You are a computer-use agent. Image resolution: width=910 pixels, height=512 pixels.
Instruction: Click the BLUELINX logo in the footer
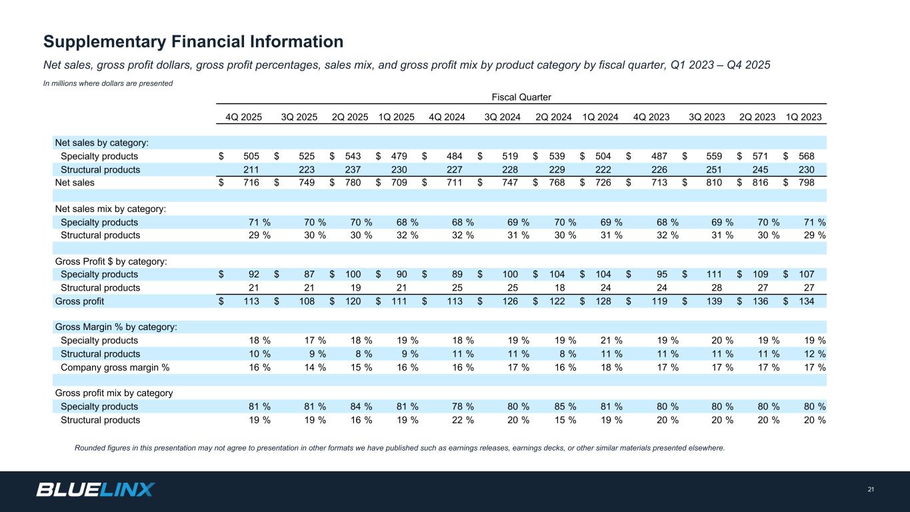[95, 490]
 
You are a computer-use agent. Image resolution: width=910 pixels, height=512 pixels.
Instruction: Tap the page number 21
[871, 491]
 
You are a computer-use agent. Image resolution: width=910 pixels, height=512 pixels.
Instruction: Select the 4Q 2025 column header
[243, 117]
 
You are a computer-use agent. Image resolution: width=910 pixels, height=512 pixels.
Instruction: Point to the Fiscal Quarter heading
[522, 97]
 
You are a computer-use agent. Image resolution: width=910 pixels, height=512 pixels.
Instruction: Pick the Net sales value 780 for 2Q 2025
[353, 183]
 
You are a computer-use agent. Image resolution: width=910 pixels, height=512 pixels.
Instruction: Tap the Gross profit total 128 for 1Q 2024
[603, 301]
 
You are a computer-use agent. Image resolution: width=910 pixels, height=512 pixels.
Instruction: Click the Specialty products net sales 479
[399, 157]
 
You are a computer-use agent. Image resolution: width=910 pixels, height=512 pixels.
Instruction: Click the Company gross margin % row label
[115, 367]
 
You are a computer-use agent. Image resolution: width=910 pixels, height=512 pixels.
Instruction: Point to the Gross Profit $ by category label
[111, 261]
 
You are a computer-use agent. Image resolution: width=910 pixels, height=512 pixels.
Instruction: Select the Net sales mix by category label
[110, 209]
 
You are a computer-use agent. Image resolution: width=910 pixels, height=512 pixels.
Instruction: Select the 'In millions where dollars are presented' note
[108, 83]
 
